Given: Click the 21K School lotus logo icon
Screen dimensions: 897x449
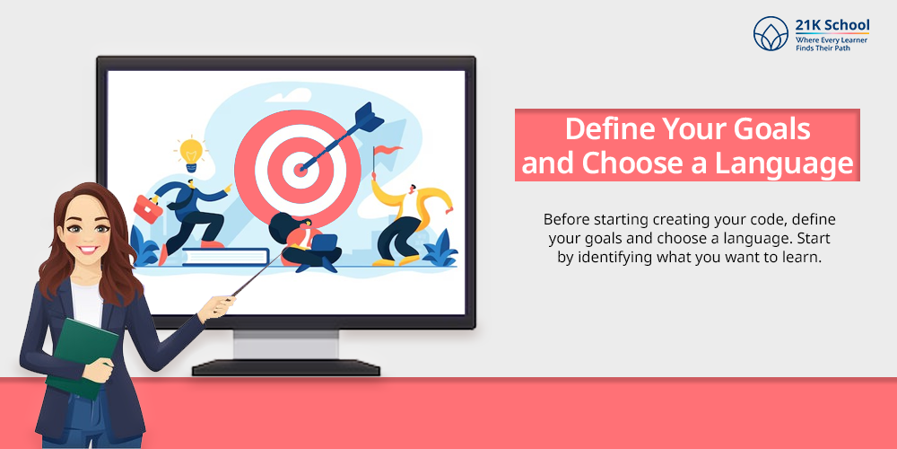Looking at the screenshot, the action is (771, 33).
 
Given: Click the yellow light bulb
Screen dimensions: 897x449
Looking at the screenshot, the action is (191, 153).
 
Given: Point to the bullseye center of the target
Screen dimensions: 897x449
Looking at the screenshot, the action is (299, 169).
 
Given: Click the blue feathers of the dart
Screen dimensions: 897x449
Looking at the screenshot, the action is (368, 116).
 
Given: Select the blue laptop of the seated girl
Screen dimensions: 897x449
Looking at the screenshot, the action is (325, 243).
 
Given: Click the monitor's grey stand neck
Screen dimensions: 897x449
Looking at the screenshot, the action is (285, 345).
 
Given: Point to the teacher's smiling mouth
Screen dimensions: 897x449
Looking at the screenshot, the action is (88, 251).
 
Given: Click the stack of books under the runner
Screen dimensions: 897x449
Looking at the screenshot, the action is (225, 257).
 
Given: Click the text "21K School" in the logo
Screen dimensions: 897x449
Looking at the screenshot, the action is (832, 24).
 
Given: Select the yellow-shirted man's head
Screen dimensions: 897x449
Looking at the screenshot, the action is (411, 189).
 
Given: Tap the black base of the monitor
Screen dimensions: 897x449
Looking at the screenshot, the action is (286, 367).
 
